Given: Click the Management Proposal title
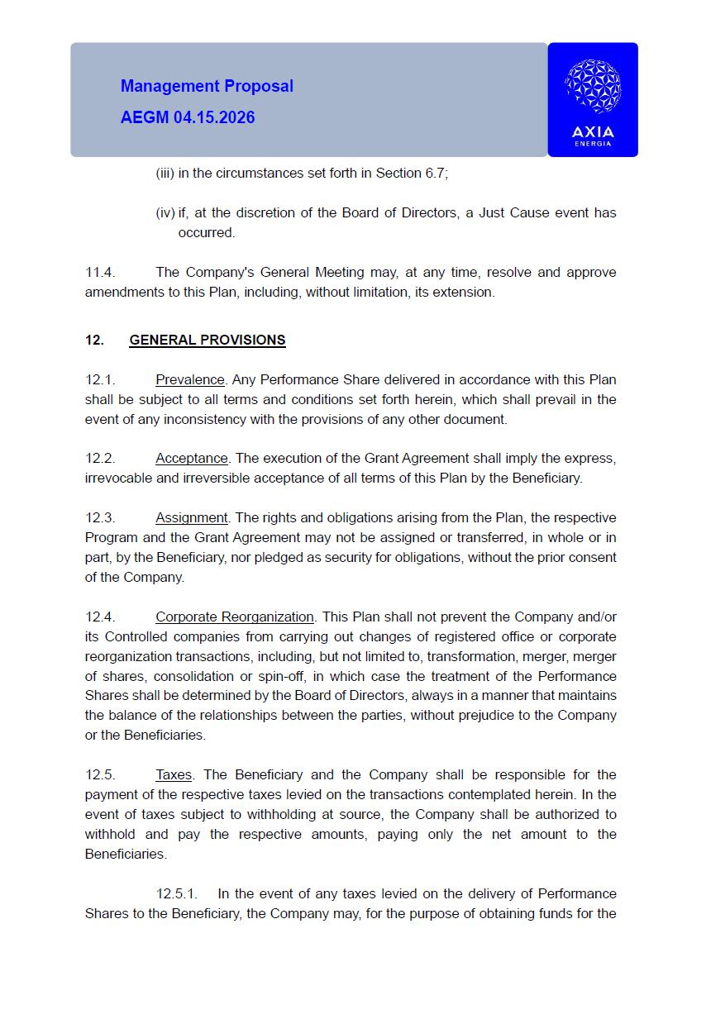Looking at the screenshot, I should coord(207,86).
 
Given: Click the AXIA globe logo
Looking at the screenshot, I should coord(592,87).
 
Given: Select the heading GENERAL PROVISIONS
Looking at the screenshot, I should coord(208,340).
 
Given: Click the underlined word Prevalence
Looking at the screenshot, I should coord(190,379).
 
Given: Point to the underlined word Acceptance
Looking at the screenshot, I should coord(192,458).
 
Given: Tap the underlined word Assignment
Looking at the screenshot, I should coord(192,517).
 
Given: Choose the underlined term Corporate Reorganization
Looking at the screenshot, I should coord(235,617).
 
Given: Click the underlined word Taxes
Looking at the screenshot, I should coord(174,774).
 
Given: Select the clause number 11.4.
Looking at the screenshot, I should coord(99,272).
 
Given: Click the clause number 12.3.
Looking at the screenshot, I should coord(99,517).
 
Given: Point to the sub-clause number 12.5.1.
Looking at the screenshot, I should coord(176,893).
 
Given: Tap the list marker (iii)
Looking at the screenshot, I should coord(165,173).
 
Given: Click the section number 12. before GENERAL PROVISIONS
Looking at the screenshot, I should coord(94,340).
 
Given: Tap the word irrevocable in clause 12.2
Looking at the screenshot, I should coord(112,478).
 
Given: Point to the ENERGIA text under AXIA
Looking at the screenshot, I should coord(593,144).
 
